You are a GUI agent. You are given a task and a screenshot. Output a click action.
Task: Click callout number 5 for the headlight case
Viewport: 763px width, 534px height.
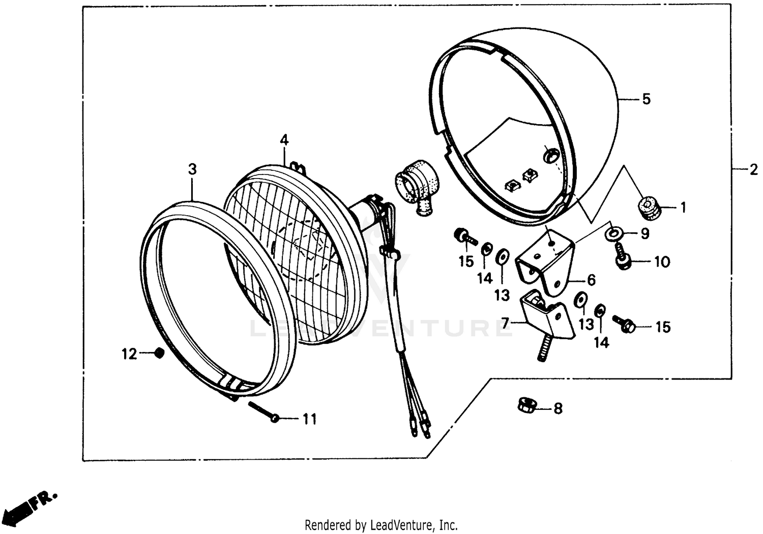pos(646,99)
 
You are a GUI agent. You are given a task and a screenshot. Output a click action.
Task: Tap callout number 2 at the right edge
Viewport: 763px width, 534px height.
pos(753,170)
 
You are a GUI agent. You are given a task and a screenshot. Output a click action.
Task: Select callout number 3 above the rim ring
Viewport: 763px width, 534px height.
pos(192,169)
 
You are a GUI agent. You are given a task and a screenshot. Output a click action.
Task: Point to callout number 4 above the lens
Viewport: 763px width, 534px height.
pos(284,140)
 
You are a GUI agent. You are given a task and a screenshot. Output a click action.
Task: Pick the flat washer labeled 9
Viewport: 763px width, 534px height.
pos(613,233)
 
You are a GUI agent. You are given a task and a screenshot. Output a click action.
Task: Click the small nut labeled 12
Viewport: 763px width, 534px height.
pos(159,352)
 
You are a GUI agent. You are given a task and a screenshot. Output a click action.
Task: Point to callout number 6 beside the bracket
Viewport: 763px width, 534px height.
pos(591,280)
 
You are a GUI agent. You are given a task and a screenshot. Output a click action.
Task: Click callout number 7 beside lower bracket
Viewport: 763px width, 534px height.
pos(505,322)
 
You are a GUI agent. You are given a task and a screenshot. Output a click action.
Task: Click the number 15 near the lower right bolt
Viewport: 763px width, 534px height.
pos(663,327)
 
